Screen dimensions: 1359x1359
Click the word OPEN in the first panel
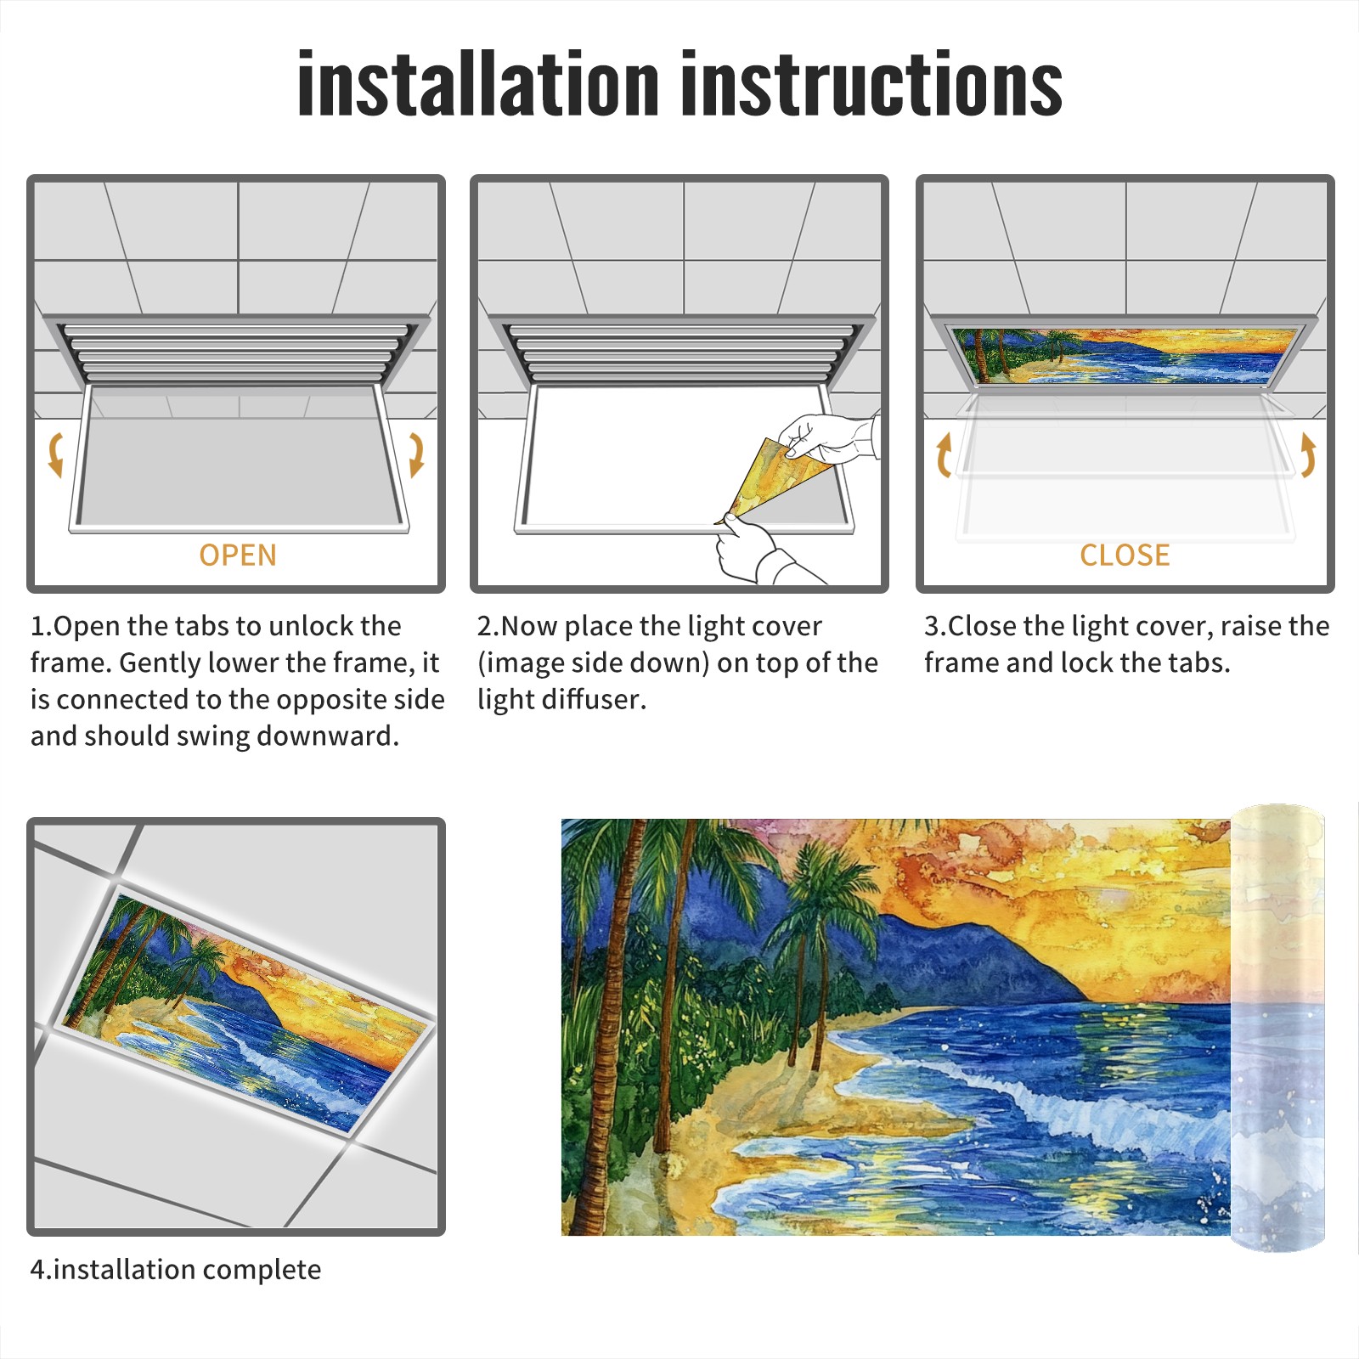[238, 555]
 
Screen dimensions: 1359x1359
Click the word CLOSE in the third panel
[1125, 555]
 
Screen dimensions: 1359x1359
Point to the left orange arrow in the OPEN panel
[55, 454]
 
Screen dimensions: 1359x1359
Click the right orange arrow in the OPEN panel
[416, 454]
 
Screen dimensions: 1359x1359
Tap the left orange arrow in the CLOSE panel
[944, 455]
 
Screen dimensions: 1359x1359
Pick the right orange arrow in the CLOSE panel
[1308, 455]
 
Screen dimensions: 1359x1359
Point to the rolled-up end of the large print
[1277, 1028]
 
